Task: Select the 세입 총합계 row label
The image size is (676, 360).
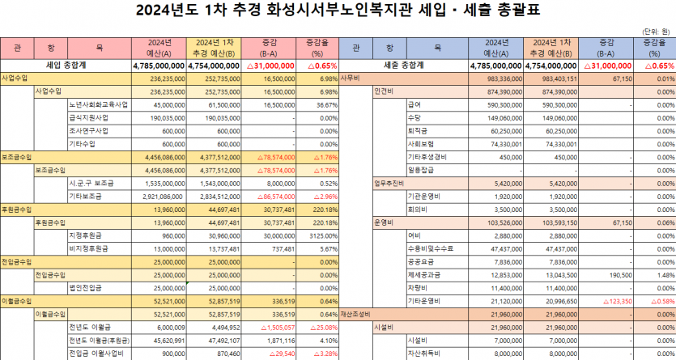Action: click(x=66, y=65)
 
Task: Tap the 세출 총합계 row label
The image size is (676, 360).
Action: click(x=406, y=65)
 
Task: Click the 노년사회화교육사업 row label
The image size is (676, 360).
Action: click(x=98, y=105)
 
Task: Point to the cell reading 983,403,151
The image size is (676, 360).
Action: click(x=555, y=79)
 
